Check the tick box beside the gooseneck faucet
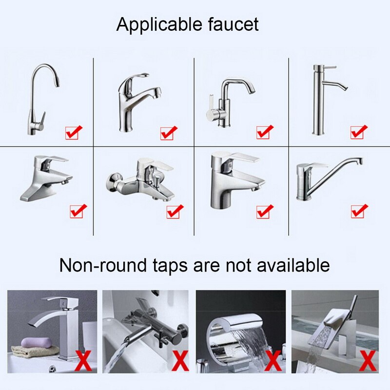coord(74,132)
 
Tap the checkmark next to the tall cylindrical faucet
coord(359,132)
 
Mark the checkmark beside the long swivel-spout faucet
coord(359,211)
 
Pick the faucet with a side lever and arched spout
coord(229,102)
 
